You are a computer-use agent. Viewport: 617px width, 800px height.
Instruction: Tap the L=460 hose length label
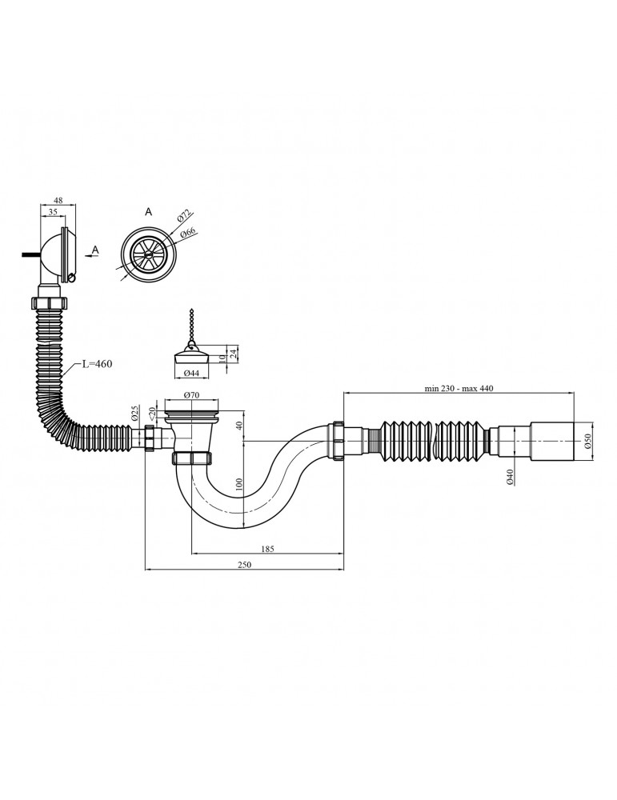[x=96, y=364]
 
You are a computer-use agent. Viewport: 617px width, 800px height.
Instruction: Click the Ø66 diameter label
[x=189, y=232]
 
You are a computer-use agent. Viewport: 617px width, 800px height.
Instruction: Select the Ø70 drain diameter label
[x=190, y=395]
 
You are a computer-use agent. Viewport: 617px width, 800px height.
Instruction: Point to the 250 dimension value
[x=245, y=566]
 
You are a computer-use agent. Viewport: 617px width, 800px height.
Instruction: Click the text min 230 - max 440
[x=460, y=388]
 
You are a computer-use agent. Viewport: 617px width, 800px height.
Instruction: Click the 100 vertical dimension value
[x=238, y=484]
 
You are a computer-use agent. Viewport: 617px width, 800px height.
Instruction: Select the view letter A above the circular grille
[x=148, y=212]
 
